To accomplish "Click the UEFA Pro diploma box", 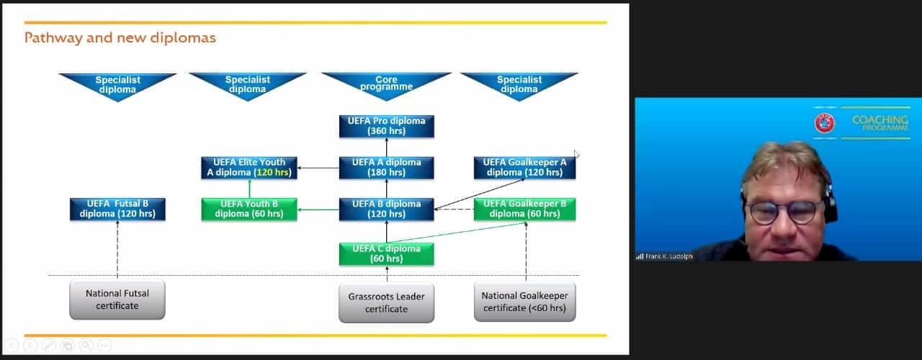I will (x=386, y=126).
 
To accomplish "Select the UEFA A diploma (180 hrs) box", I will (x=386, y=167).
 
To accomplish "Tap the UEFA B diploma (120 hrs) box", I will (x=386, y=209).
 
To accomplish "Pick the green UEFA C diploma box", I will (x=386, y=253).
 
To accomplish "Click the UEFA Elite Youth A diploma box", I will (x=249, y=167).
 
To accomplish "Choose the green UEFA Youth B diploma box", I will (x=249, y=209).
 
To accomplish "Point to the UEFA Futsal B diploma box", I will (x=117, y=209).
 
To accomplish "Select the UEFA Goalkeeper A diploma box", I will (x=524, y=167).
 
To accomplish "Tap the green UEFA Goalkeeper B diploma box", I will (x=524, y=209).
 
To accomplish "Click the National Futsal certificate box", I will (x=117, y=300).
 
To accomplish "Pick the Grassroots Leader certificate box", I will (x=386, y=302).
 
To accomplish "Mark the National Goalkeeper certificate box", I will (x=524, y=302).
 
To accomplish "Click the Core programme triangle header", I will (x=386, y=84).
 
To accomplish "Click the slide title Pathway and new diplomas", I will (x=120, y=37).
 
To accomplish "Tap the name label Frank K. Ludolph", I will (x=668, y=256).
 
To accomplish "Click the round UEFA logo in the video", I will (x=825, y=123).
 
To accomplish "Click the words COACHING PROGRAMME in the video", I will (x=880, y=123).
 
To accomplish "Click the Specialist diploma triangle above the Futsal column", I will (x=117, y=84).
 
